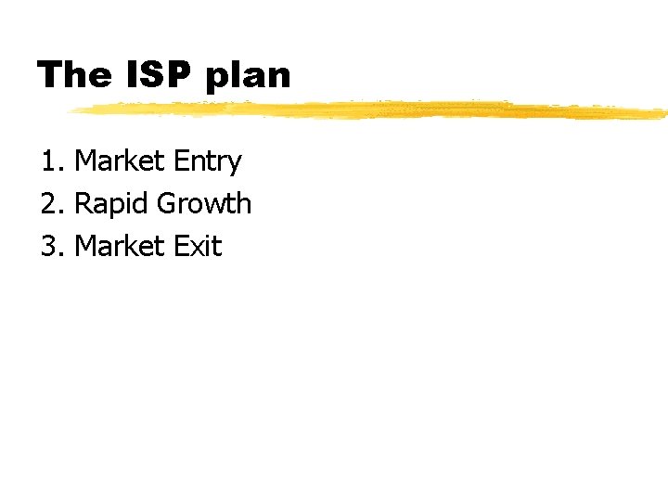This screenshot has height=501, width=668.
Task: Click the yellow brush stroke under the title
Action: pos(371,110)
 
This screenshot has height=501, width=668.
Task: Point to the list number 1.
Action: pos(49,161)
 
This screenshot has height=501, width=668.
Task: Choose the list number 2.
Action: pos(49,204)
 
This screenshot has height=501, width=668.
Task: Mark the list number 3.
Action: pos(49,247)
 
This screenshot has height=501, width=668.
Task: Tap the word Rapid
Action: pos(111,204)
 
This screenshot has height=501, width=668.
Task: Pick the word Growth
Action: pos(205,204)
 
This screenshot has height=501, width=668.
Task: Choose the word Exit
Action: pos(198,247)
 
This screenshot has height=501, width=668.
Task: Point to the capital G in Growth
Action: pos(168,204)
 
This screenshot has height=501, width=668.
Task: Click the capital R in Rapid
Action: pos(82,204)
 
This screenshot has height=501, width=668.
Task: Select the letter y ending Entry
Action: pos(236,165)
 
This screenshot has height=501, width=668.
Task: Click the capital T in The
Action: pos(49,74)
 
